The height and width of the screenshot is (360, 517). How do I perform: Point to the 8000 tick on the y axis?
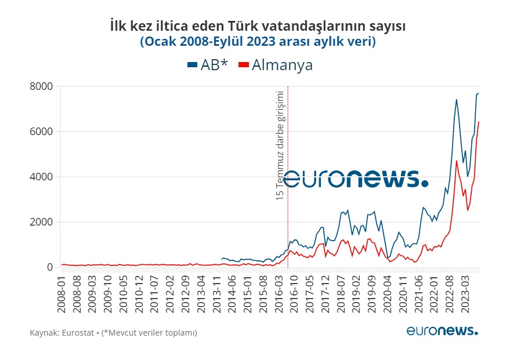point(41,86)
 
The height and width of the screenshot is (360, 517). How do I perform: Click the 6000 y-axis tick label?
point(41,132)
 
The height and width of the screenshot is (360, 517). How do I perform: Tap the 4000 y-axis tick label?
point(41,177)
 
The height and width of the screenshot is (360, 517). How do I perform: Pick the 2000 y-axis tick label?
point(41,222)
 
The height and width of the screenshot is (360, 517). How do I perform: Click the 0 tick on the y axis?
point(49,267)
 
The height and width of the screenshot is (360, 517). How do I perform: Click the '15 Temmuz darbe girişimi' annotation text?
point(280,146)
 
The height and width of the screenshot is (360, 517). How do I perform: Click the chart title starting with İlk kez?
point(258,26)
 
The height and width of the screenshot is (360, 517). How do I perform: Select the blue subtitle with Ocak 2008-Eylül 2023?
point(258,42)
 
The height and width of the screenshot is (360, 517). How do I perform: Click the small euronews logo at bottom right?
point(442,331)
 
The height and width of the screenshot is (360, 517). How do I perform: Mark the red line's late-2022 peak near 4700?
point(457,161)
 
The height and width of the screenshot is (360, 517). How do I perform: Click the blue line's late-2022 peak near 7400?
point(457,100)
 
